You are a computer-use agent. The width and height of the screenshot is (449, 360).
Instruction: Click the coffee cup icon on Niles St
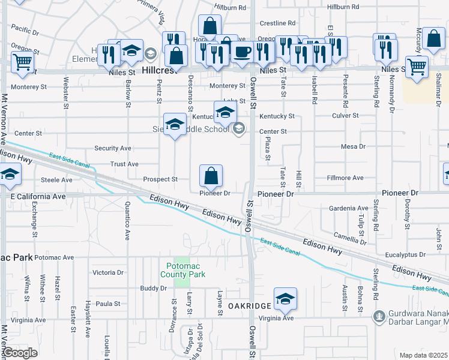pyautogui.click(x=243, y=52)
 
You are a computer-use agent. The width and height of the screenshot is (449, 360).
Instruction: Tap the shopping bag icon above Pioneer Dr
pyautogui.click(x=211, y=176)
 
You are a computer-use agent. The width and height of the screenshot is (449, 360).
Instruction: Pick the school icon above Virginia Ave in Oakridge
pyautogui.click(x=285, y=299)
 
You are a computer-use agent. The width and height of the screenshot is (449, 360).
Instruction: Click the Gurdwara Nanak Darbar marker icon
pyautogui.click(x=379, y=316)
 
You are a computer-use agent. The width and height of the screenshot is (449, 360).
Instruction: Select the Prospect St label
pyautogui.click(x=160, y=179)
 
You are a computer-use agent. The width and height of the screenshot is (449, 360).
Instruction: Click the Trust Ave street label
pyautogui.click(x=124, y=164)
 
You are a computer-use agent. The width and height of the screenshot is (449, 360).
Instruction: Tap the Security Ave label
pyautogui.click(x=112, y=148)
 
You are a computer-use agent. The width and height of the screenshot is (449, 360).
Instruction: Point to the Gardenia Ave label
pyautogui.click(x=348, y=208)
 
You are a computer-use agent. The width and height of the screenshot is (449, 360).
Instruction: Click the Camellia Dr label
pyautogui.click(x=350, y=238)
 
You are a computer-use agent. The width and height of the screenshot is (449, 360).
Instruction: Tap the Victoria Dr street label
pyautogui.click(x=108, y=272)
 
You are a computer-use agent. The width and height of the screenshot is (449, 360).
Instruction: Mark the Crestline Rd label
pyautogui.click(x=277, y=23)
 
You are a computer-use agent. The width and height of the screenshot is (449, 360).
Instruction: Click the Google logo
pyautogui.click(x=20, y=353)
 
